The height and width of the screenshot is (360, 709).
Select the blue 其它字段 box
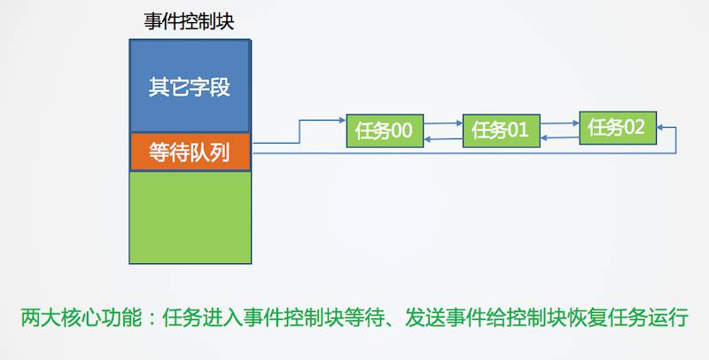click(191, 88)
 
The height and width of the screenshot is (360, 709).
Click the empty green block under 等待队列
click(191, 216)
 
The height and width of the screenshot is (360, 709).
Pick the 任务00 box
click(383, 130)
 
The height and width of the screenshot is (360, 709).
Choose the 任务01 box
click(500, 130)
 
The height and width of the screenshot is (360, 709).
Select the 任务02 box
click(618, 127)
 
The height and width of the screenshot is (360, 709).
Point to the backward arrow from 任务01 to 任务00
click(443, 139)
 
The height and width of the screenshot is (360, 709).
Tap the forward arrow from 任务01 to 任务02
click(559, 122)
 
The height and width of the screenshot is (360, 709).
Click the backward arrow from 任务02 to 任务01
click(559, 137)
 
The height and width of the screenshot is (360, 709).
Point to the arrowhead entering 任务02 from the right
click(662, 129)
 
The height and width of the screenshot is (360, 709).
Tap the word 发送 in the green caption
click(425, 317)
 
